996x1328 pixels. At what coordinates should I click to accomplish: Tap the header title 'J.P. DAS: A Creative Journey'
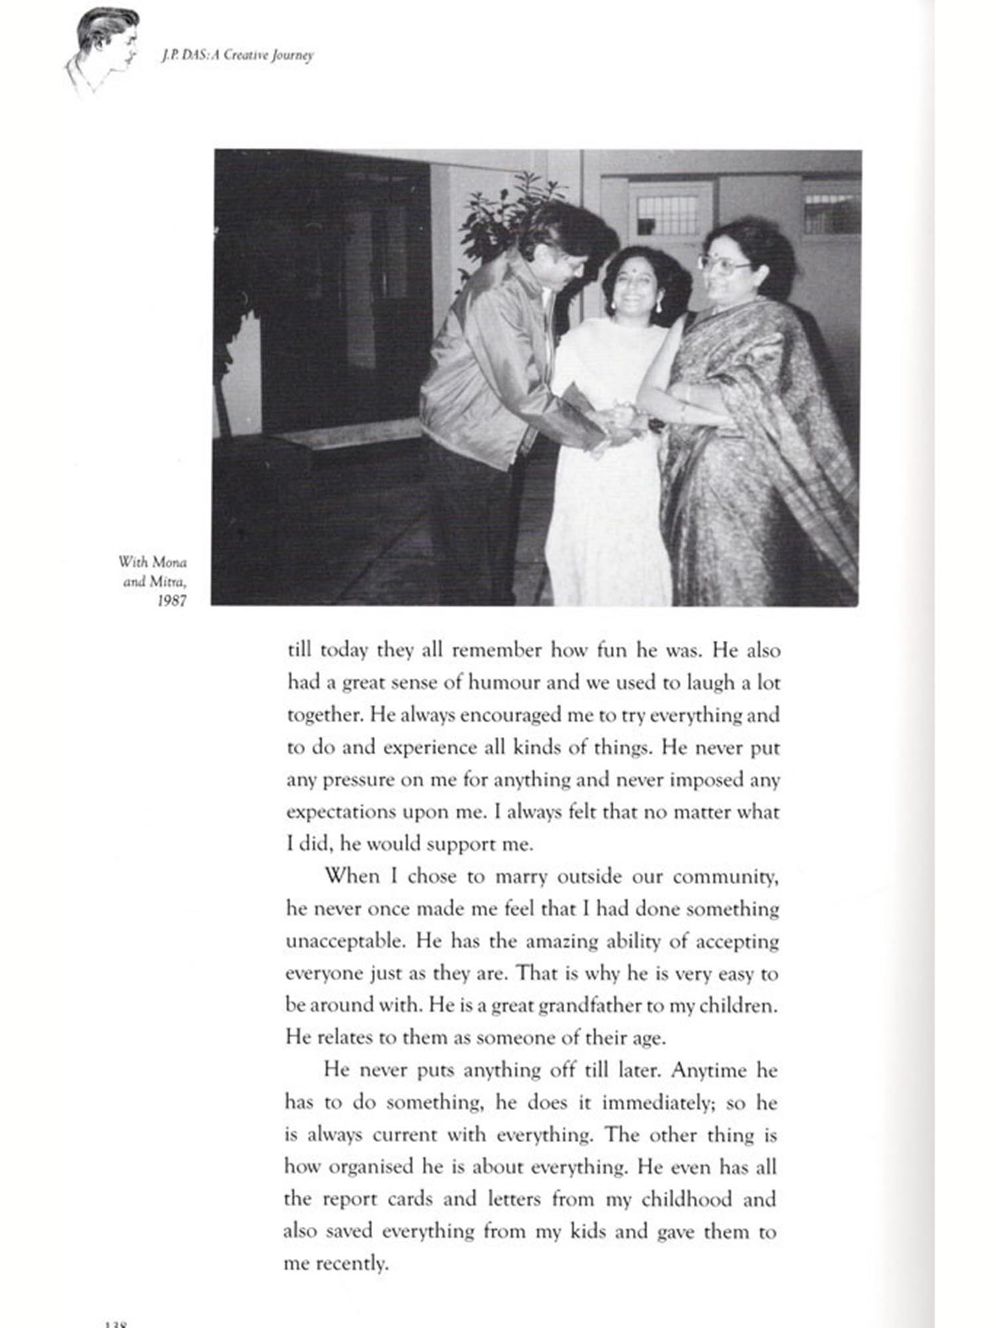236,56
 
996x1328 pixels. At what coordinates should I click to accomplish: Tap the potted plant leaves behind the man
505,212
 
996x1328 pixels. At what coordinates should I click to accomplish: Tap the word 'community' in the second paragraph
724,877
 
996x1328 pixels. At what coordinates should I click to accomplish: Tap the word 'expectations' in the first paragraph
341,813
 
